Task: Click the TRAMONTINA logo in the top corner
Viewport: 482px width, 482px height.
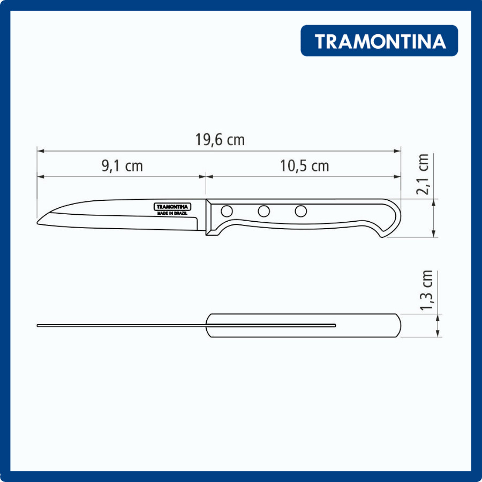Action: point(379,41)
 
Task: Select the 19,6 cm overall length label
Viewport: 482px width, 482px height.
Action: point(220,140)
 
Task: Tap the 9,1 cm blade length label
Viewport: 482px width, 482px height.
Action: point(122,166)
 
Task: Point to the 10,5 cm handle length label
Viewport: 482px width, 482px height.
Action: point(304,166)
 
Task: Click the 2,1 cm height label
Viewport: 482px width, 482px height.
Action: point(423,174)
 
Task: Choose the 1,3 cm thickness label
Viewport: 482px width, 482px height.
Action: point(427,290)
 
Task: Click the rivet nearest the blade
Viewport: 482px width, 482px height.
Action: point(227,211)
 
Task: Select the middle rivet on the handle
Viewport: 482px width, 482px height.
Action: point(263,211)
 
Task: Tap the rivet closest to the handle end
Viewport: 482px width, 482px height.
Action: point(300,211)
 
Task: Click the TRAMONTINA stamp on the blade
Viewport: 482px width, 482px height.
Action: point(172,207)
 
